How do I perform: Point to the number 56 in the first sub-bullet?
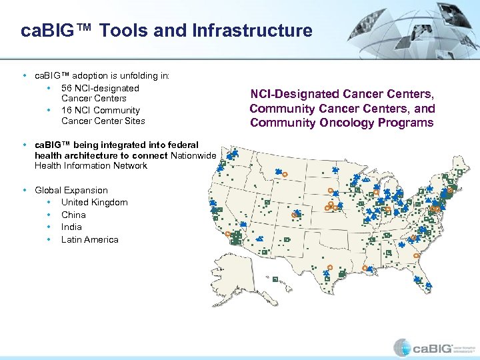pyautogui.click(x=67, y=88)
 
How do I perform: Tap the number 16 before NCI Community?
pyautogui.click(x=67, y=110)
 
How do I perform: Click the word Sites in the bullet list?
pyautogui.click(x=134, y=121)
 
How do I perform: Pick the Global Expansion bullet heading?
pyautogui.click(x=71, y=190)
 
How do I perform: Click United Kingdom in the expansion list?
pyautogui.click(x=94, y=202)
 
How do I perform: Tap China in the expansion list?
pyautogui.click(x=73, y=215)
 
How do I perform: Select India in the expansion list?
pyautogui.click(x=71, y=227)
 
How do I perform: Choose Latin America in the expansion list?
pyautogui.click(x=89, y=239)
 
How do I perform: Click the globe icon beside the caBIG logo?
pyautogui.click(x=403, y=347)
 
